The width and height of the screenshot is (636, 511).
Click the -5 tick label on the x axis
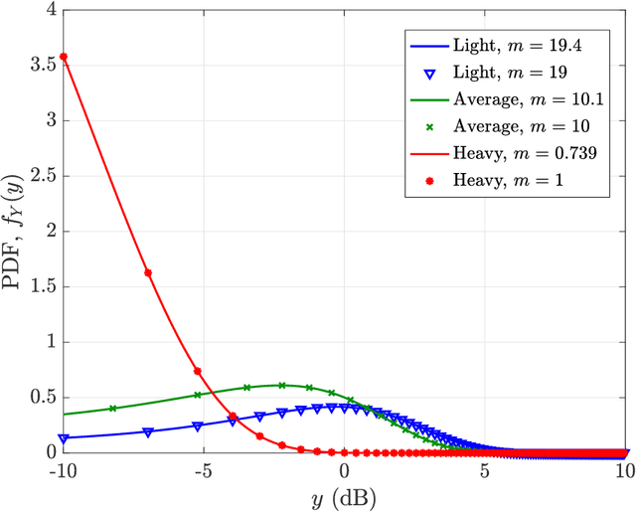202,468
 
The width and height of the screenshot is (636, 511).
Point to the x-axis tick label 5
485,468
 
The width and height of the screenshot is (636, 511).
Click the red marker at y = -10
63,57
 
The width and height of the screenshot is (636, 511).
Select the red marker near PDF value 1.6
148,272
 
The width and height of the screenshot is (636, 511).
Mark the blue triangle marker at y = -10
64,437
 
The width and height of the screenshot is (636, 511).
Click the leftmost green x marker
112,408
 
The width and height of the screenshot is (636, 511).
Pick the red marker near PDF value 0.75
198,371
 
